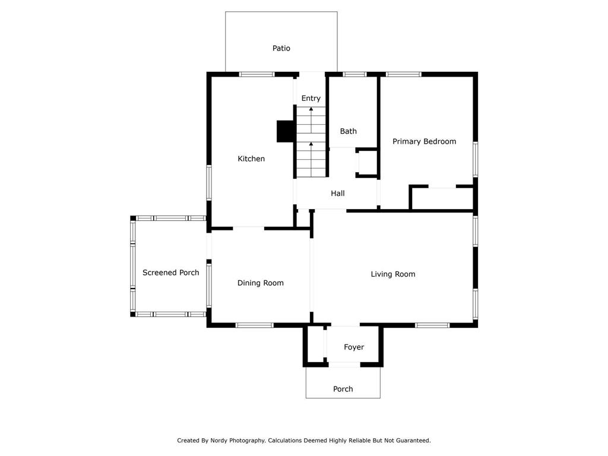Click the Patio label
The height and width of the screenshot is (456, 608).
point(281,48)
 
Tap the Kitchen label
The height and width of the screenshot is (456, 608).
point(251,159)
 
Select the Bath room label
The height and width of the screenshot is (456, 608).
point(348,131)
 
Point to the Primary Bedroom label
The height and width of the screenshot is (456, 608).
point(424,141)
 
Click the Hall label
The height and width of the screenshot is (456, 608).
point(338,193)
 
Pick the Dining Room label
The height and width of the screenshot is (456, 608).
point(261,283)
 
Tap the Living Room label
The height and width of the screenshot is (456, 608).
point(393,274)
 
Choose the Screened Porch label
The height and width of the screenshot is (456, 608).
point(170,273)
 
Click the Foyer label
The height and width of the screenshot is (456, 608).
point(354,347)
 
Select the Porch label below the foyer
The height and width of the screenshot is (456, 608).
point(343,389)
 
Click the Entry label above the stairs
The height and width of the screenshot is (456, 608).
point(311,99)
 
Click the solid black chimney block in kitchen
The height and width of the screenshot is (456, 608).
point(286,131)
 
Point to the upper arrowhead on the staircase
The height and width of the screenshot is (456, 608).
point(311,109)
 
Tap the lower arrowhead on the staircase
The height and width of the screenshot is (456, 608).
point(311,144)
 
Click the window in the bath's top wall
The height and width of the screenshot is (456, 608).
point(354,74)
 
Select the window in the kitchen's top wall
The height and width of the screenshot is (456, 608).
point(256,74)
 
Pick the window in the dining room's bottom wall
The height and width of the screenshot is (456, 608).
point(254,325)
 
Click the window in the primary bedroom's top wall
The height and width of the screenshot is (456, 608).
point(403,74)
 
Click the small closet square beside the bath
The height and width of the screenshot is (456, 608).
point(367,163)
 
